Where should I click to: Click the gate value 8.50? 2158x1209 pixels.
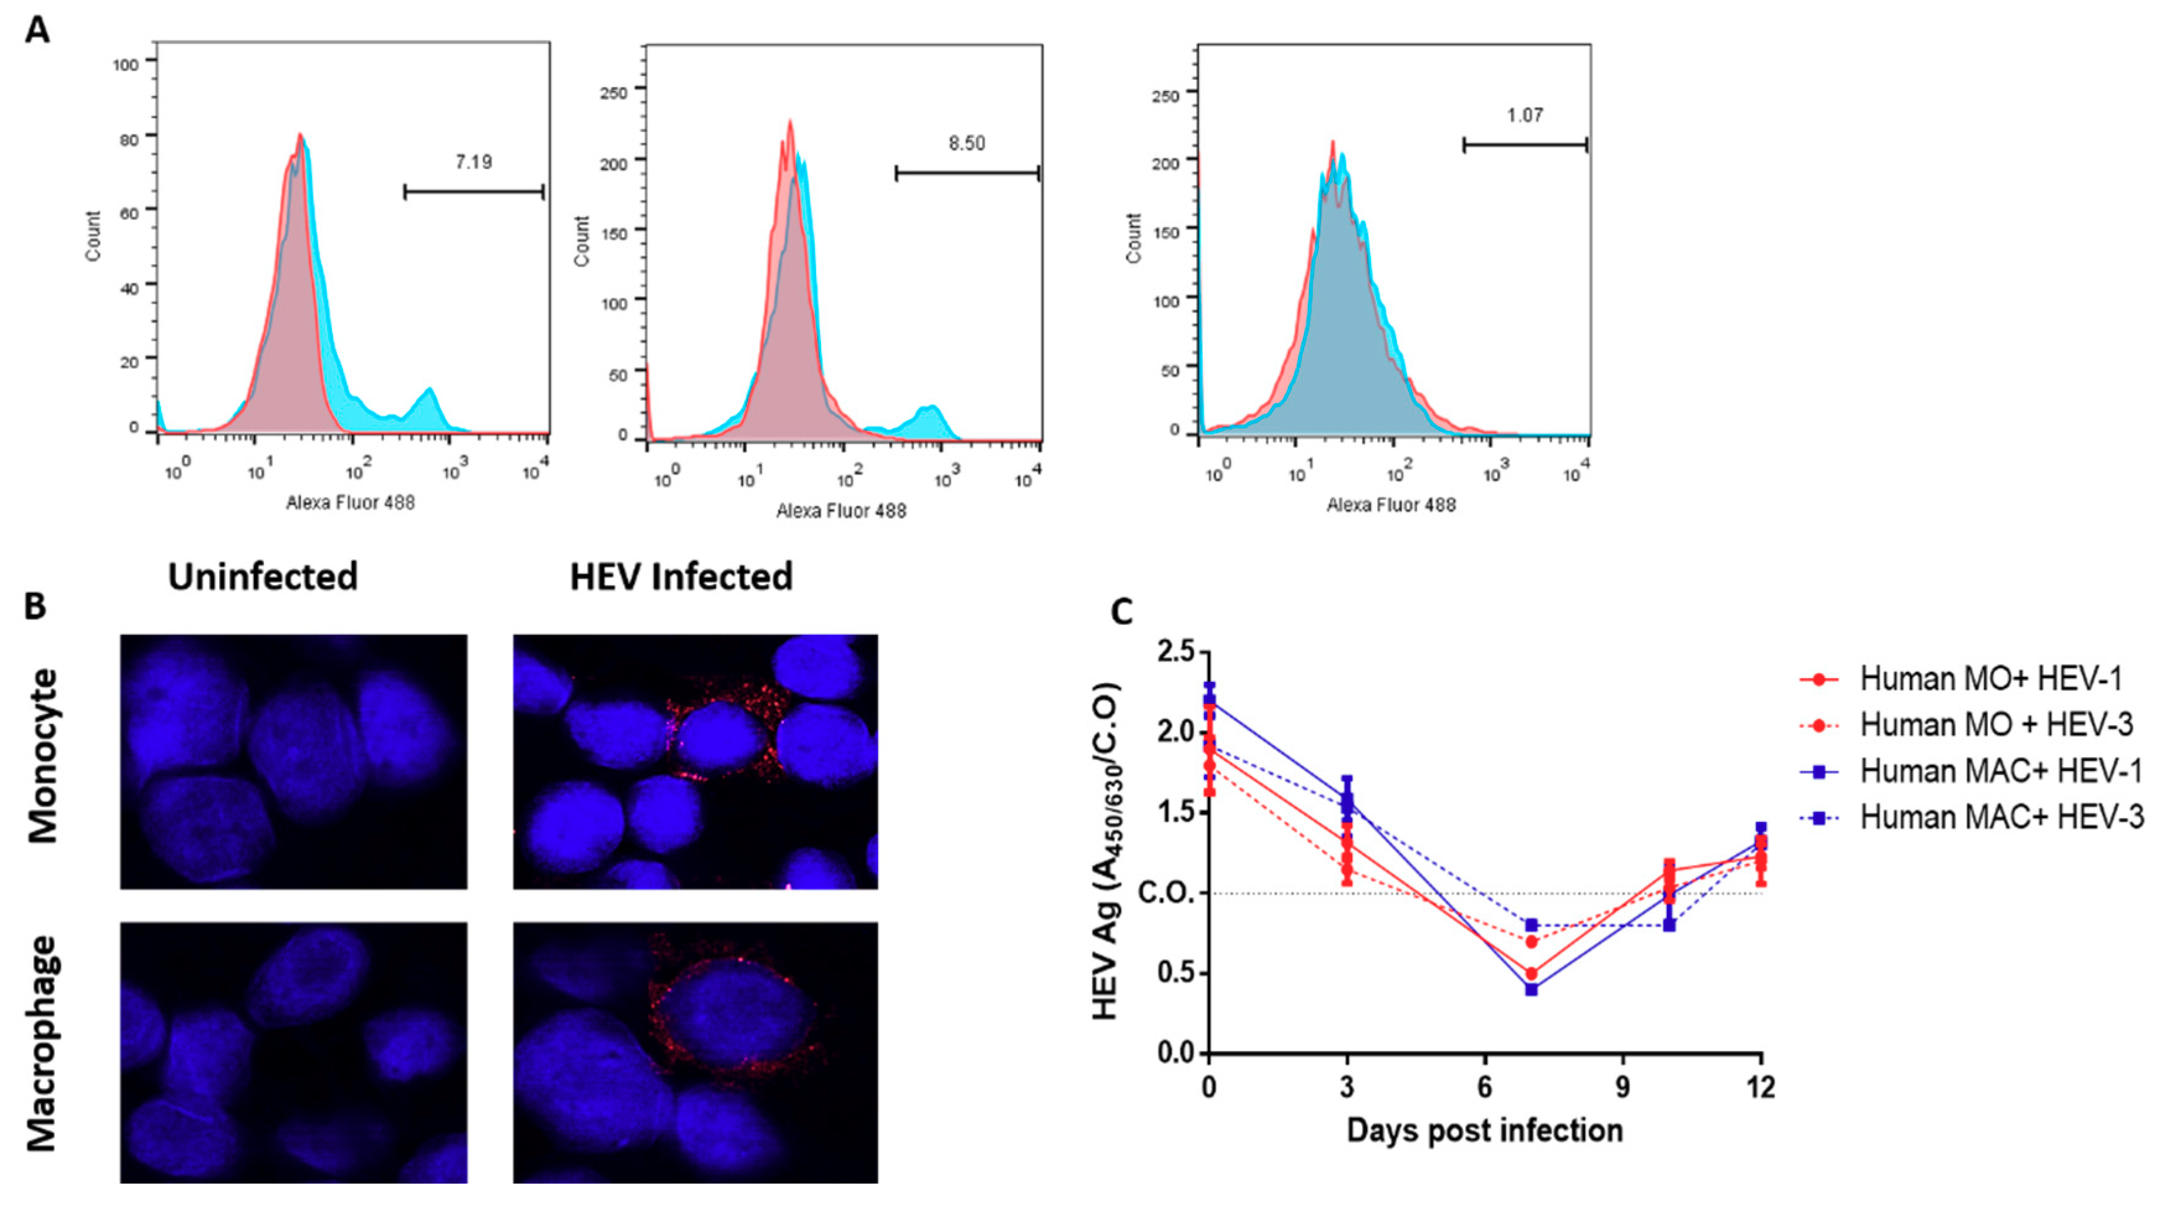966,143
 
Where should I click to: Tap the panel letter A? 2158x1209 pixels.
38,31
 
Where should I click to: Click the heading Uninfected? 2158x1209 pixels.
263,577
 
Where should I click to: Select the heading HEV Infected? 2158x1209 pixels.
681,577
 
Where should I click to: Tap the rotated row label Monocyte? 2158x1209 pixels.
43,756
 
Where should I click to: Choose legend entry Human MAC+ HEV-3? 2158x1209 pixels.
2001,817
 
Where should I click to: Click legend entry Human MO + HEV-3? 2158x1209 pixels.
1996,725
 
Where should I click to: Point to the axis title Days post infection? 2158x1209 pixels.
1484,1130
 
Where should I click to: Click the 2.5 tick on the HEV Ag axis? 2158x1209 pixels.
1175,652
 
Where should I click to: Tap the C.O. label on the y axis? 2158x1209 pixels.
1165,893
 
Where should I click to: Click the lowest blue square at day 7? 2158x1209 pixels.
1531,989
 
